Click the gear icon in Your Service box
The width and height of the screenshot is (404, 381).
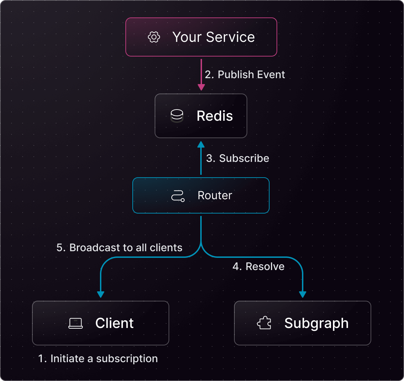[154, 37]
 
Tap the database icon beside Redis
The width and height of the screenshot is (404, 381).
[177, 116]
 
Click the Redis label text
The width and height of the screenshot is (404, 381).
[215, 116]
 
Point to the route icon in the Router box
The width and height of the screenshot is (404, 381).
[178, 196]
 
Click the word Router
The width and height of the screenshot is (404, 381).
[215, 195]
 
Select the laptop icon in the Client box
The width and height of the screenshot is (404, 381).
[76, 323]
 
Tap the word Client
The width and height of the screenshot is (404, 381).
[114, 323]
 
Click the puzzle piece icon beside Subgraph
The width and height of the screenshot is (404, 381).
[264, 323]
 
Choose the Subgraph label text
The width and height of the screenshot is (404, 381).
[316, 323]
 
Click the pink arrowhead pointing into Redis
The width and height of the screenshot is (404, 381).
[201, 87]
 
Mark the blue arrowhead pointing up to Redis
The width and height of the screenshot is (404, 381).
[201, 144]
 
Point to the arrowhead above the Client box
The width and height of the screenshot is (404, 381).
[101, 294]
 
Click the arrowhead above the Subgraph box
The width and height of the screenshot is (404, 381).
[303, 294]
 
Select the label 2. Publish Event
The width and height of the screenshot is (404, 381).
[245, 75]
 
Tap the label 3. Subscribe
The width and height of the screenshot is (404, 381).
[238, 158]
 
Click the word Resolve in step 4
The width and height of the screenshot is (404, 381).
[265, 267]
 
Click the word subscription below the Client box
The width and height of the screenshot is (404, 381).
[127, 359]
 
